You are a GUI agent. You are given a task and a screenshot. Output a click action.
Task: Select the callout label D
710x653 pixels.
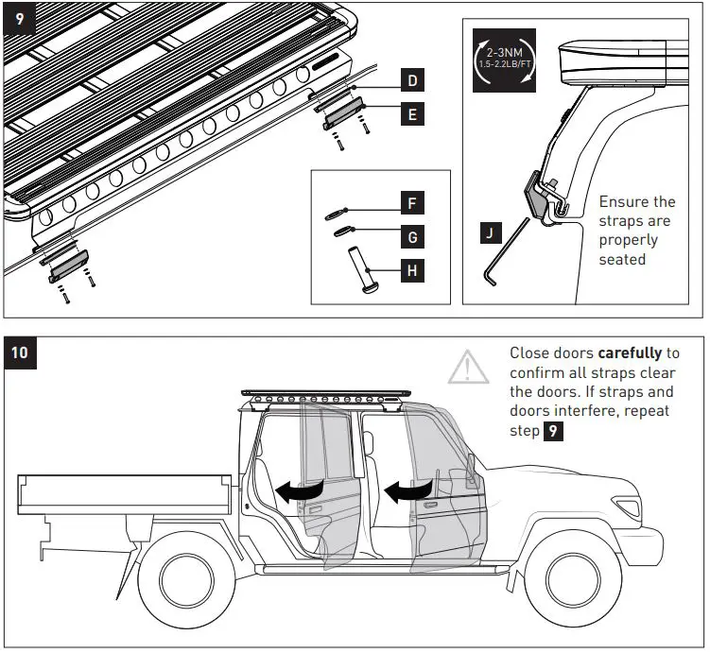tap(411, 81)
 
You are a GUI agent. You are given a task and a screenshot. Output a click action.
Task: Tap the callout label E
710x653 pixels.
tap(411, 114)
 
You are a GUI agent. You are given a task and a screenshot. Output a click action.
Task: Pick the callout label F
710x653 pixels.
tap(411, 202)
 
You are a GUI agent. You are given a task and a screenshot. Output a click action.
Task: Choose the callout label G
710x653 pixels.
tap(411, 236)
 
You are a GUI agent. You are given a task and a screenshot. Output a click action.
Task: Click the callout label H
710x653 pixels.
tap(411, 271)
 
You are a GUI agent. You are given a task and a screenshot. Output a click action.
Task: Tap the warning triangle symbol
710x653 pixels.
tap(470, 368)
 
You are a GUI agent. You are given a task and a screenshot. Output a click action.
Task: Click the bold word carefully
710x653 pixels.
tap(629, 352)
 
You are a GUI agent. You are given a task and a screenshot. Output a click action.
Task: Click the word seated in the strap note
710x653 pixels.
tap(622, 258)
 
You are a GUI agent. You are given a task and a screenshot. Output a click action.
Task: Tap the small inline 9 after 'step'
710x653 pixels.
tap(555, 431)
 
